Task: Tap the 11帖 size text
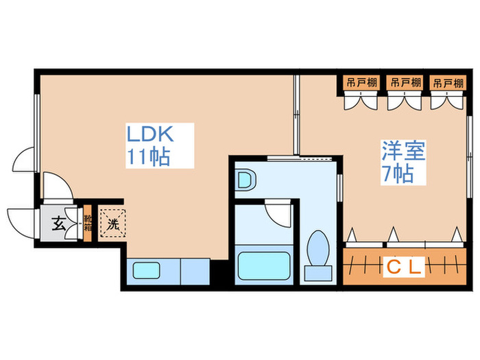(x=147, y=156)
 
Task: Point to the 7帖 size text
(x=398, y=173)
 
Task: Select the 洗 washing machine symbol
(x=112, y=222)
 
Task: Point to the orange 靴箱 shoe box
(x=87, y=222)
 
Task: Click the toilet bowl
(x=317, y=247)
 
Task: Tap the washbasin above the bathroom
(x=245, y=181)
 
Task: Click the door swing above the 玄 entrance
(x=56, y=185)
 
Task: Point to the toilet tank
(x=317, y=274)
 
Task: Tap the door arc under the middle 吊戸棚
(x=404, y=102)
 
